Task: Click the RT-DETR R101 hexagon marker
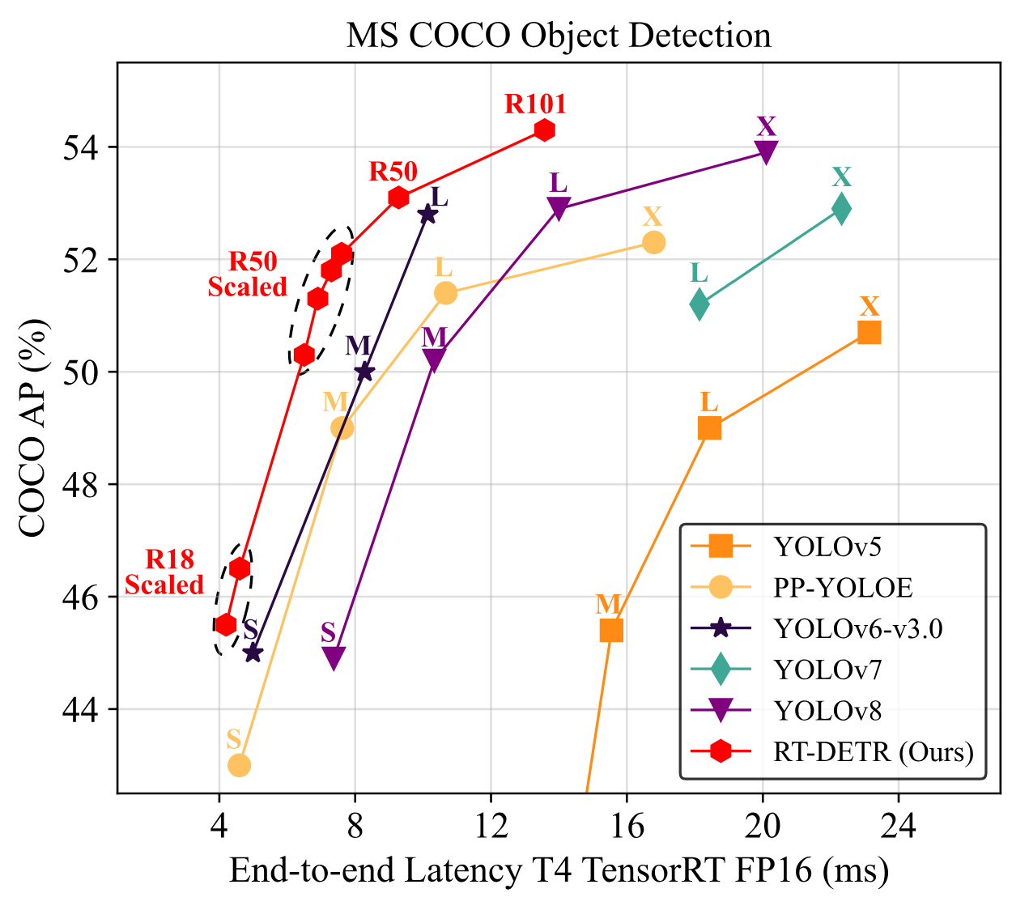tap(544, 130)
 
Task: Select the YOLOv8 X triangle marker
tap(766, 151)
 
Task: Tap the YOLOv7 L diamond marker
tap(699, 304)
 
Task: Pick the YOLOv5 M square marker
tap(611, 630)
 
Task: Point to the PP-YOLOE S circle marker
tap(239, 765)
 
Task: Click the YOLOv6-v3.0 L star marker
tap(427, 215)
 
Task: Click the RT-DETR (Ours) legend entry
tap(873, 751)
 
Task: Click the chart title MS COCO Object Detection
tap(559, 36)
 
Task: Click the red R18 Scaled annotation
tap(165, 572)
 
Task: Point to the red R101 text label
tap(535, 104)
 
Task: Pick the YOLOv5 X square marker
tap(869, 333)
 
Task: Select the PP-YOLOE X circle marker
tap(653, 242)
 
